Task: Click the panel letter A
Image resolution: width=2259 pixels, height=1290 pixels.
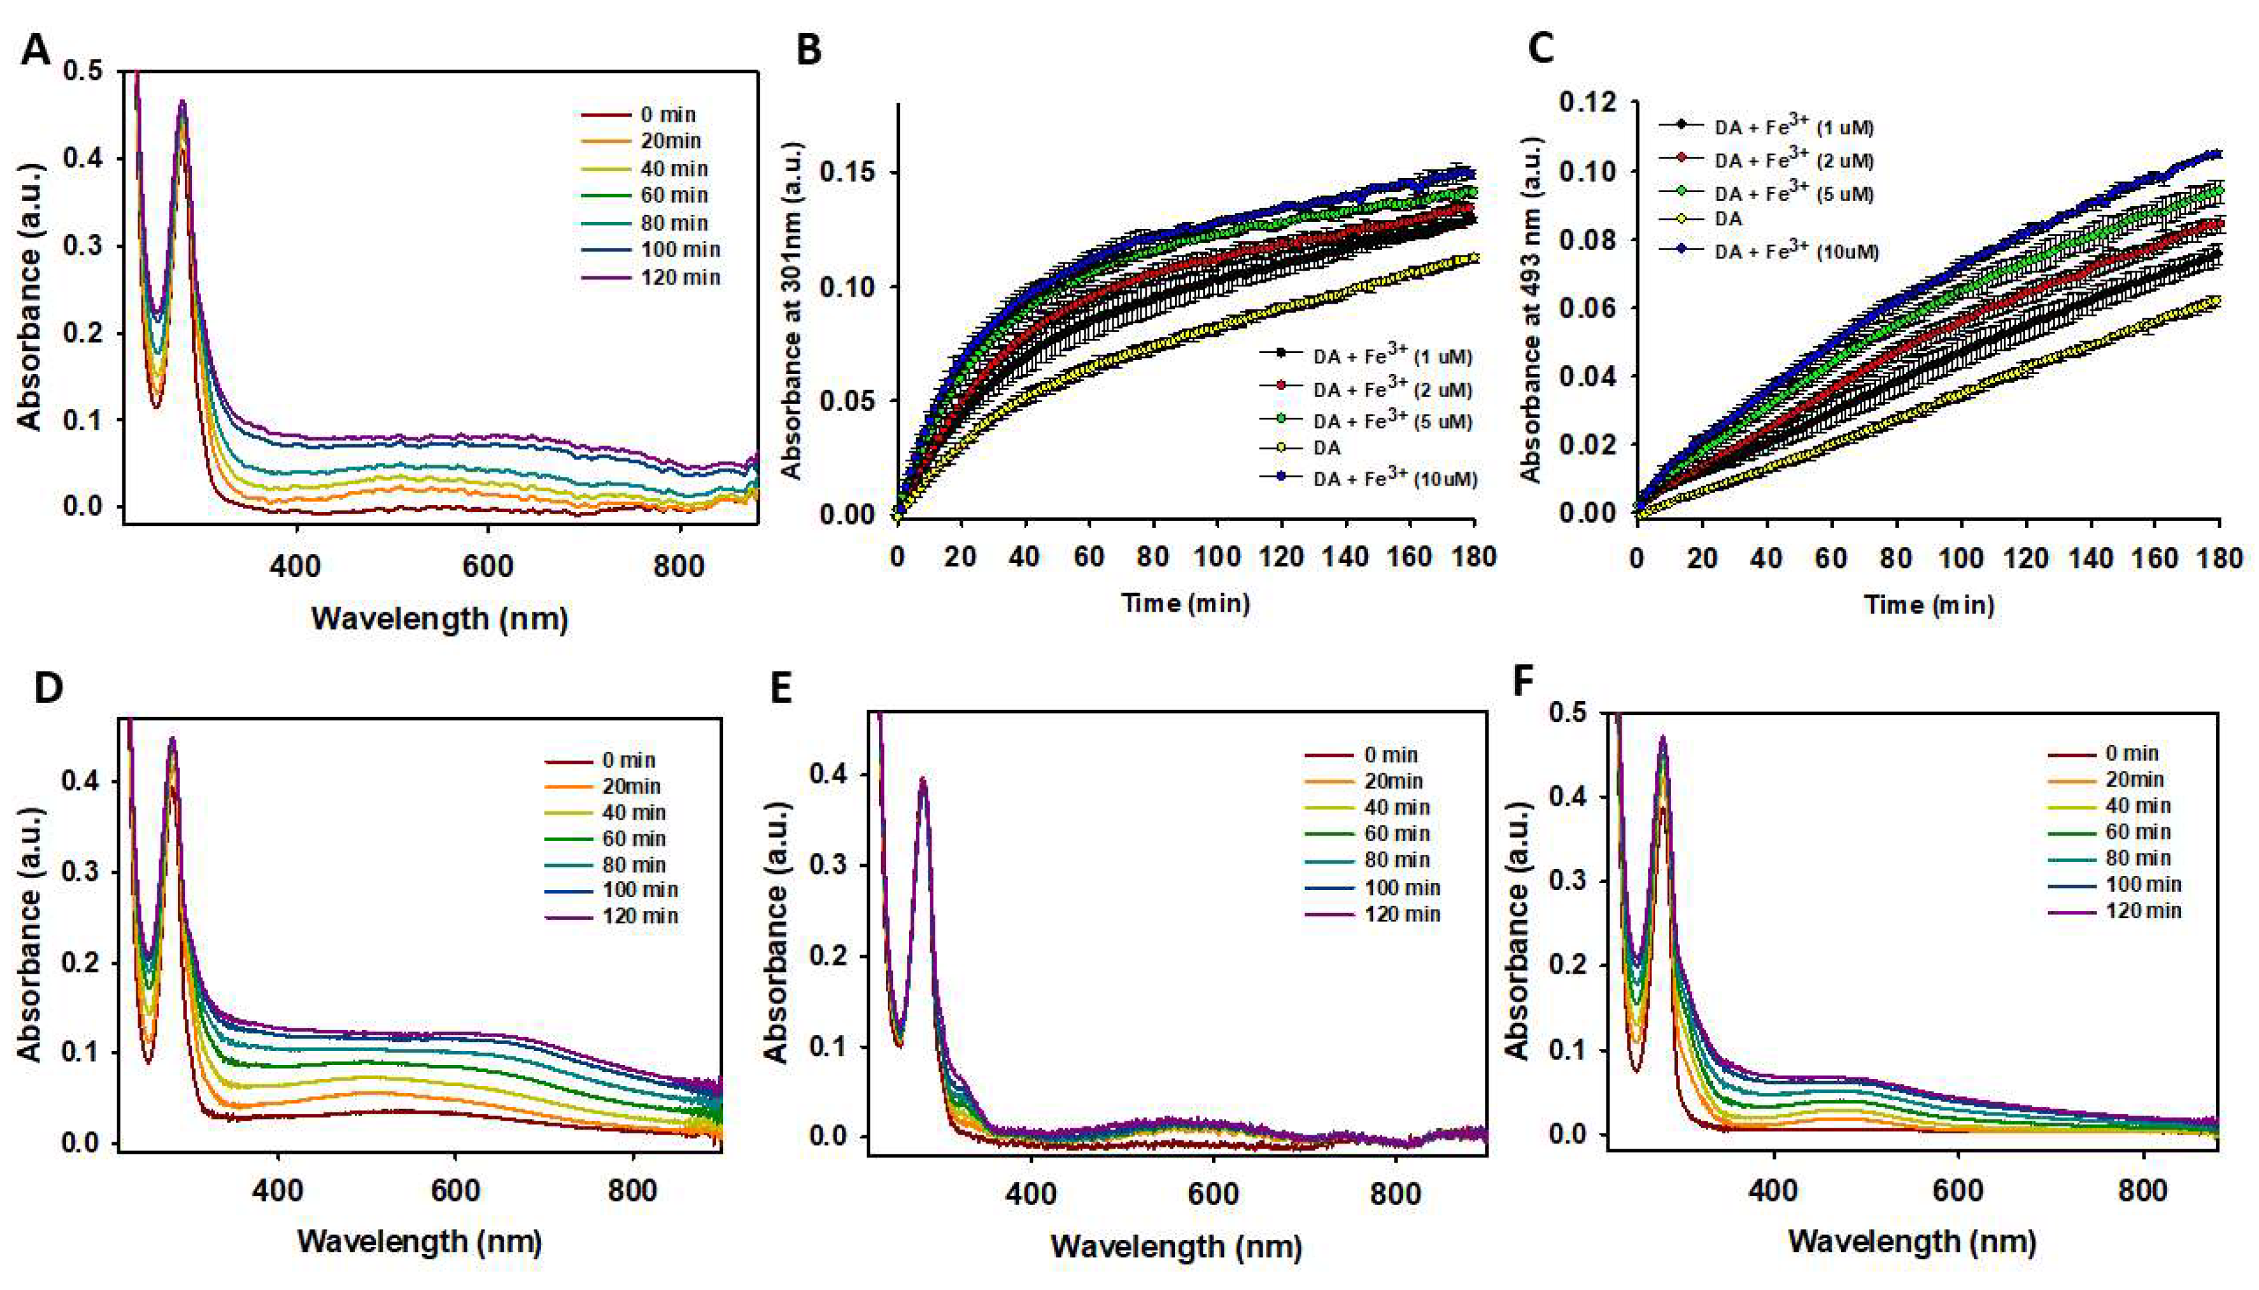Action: (x=36, y=49)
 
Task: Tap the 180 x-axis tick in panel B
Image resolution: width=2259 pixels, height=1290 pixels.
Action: (x=1475, y=557)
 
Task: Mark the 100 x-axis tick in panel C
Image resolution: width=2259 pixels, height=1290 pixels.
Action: (x=1961, y=558)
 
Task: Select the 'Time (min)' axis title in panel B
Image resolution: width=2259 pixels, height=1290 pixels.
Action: (x=1186, y=603)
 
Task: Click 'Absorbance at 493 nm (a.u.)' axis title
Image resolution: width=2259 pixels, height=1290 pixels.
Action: (x=1532, y=310)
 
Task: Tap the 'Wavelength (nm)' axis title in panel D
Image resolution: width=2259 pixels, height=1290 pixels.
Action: (x=419, y=1241)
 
